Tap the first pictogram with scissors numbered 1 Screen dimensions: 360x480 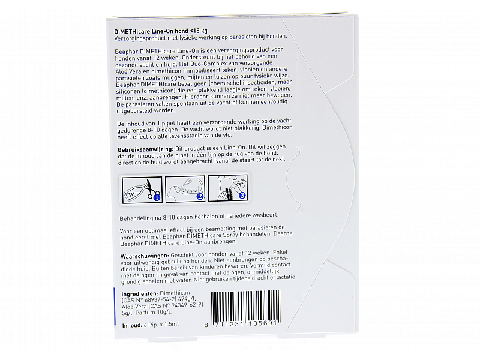point(141,187)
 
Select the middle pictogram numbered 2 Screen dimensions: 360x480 point(184,187)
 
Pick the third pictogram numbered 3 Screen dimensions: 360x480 point(227,187)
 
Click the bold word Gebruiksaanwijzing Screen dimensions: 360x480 point(143,148)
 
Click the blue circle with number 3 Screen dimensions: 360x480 point(241,195)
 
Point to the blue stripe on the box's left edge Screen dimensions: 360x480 point(115,300)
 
